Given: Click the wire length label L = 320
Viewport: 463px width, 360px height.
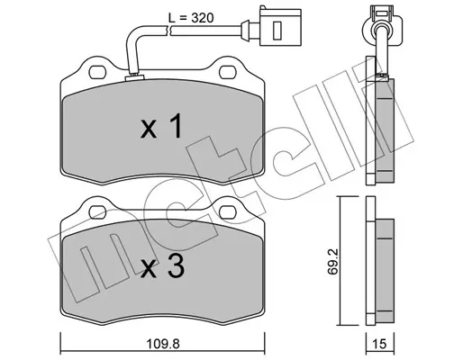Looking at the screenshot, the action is [x=191, y=18].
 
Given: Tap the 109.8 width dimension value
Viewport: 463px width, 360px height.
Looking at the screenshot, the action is [x=163, y=344].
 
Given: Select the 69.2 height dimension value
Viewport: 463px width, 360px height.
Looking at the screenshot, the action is [x=333, y=260].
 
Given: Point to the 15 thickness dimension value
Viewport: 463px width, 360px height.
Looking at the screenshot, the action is [x=380, y=344].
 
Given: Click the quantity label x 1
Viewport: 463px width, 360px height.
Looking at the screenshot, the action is [x=161, y=126].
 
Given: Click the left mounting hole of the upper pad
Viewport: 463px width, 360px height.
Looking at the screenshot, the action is [x=98, y=72].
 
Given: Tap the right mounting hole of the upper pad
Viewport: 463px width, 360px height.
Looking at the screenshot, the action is [x=228, y=72].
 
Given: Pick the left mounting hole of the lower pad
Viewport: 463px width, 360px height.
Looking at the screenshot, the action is [x=98, y=212].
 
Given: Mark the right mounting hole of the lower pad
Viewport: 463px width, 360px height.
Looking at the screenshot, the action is [x=228, y=212].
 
